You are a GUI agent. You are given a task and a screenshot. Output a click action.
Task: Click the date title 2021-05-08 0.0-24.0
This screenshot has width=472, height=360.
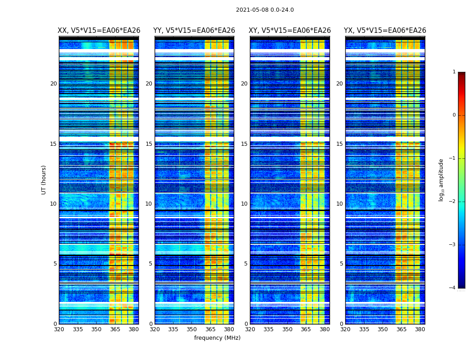coord(265,10)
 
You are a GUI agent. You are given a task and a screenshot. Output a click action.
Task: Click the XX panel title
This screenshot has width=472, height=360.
coord(99,31)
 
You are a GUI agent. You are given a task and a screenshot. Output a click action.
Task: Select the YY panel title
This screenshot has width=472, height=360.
coord(194,31)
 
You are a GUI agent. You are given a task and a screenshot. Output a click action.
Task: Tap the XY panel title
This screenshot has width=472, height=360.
coord(290,31)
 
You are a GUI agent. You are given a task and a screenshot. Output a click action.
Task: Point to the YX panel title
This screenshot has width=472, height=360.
coord(385,31)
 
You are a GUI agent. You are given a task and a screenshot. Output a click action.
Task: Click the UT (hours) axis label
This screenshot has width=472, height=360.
coord(44,180)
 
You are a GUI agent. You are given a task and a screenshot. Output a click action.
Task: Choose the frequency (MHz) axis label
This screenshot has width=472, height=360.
coord(217,338)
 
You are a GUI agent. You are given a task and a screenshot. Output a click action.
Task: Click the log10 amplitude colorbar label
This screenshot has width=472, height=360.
coord(441,180)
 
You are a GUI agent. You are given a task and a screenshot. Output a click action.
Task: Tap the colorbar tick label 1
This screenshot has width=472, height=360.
coord(454,72)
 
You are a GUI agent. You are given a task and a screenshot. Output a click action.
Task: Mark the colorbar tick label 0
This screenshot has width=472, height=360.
coord(454,115)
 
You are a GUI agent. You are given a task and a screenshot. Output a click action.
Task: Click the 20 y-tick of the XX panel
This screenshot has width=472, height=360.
coord(53,84)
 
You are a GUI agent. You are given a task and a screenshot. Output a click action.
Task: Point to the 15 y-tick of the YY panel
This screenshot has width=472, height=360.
coord(149,144)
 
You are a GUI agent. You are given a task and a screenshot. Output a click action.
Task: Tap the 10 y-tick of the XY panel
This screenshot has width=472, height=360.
coord(244,204)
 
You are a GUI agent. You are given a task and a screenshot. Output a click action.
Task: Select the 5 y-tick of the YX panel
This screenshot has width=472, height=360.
coord(341,264)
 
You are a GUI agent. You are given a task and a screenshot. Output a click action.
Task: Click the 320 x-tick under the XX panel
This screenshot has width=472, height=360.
coord(59,329)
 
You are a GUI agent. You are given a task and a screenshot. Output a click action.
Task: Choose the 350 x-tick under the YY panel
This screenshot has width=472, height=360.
coord(192,329)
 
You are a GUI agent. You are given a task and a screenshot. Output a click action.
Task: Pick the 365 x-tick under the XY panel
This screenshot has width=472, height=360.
coord(306,329)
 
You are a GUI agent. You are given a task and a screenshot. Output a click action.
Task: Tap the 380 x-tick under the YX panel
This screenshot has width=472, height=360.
coord(420,329)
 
